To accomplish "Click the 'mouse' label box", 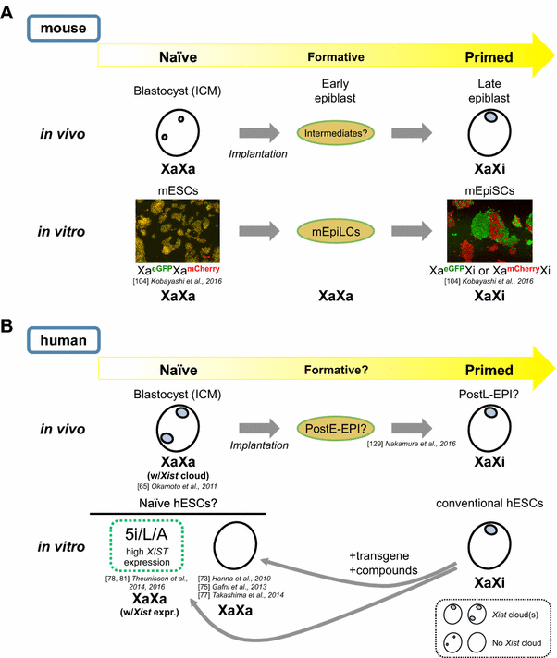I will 64,28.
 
